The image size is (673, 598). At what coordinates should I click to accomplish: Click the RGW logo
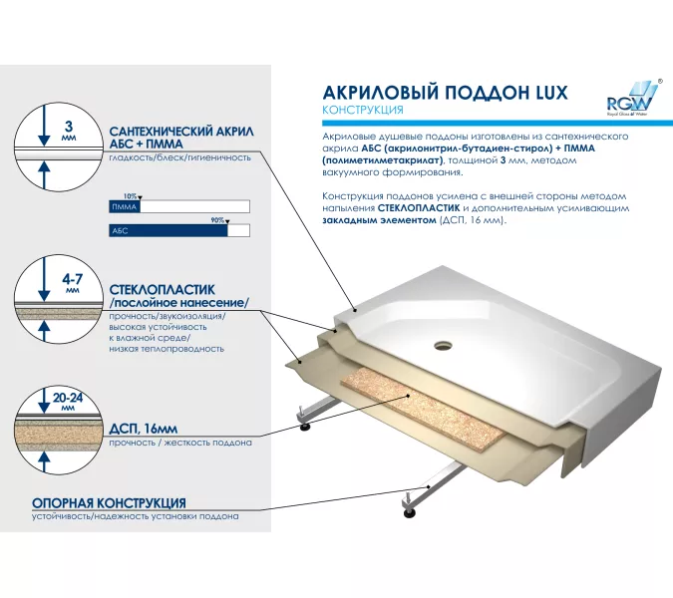point(633,98)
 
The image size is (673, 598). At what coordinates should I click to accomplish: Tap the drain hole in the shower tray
point(443,345)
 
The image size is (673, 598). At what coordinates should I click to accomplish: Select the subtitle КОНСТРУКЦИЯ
point(363,110)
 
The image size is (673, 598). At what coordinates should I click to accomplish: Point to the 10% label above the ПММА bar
point(130,196)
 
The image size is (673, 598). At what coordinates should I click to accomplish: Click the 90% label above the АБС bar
point(217,220)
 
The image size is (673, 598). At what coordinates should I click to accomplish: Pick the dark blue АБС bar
point(168,231)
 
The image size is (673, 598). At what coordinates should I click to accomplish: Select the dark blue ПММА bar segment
point(125,206)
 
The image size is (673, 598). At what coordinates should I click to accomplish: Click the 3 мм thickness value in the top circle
point(69,131)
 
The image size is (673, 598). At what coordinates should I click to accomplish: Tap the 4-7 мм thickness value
point(72,282)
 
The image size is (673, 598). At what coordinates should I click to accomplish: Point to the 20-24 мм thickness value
point(68,401)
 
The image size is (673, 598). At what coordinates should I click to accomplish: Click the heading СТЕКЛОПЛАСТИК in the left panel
point(162,290)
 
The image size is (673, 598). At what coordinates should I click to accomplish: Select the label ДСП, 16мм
point(143,429)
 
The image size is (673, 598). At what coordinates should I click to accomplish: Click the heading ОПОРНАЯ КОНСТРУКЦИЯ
point(109,502)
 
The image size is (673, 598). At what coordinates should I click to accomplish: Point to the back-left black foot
point(305,427)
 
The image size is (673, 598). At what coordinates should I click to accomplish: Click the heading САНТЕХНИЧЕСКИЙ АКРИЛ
point(181,131)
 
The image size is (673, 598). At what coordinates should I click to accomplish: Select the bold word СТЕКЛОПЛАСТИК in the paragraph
point(419,208)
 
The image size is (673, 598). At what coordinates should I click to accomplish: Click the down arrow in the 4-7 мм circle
point(44,278)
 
